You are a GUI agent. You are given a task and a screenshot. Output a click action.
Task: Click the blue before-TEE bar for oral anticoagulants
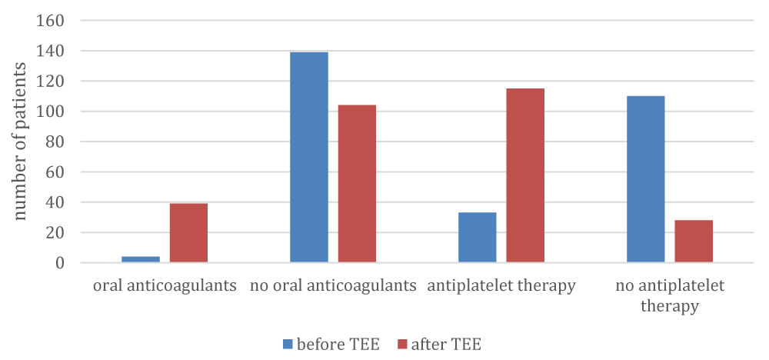click(141, 259)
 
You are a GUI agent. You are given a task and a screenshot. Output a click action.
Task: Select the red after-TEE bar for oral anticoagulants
click(189, 233)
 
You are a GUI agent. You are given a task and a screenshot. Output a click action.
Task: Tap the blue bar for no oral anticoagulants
click(309, 158)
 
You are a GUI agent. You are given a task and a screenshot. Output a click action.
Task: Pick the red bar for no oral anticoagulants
click(357, 184)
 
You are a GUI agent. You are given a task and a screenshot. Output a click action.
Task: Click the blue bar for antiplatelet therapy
click(478, 238)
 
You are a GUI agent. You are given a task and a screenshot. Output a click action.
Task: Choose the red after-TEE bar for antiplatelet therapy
click(525, 175)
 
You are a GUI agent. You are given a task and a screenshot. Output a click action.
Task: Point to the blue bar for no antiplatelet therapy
click(646, 179)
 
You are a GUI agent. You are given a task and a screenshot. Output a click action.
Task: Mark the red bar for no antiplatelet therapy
click(694, 242)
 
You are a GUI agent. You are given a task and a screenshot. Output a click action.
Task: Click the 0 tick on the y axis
click(60, 263)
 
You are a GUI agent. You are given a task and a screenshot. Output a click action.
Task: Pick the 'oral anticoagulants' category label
click(165, 286)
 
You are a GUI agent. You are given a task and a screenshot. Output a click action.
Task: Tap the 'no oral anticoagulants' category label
click(333, 286)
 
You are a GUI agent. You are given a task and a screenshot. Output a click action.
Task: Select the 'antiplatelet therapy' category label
click(501, 286)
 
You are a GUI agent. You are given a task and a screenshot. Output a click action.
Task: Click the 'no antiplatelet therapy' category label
click(670, 295)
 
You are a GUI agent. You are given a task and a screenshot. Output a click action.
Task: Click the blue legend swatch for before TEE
click(288, 345)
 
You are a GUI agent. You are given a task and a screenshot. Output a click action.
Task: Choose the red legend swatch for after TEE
click(402, 345)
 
